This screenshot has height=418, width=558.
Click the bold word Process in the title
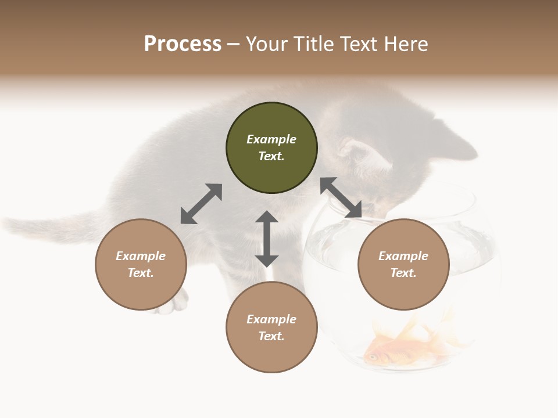click(183, 44)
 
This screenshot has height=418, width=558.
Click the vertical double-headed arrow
click(267, 239)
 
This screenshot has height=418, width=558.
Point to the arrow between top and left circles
click(201, 204)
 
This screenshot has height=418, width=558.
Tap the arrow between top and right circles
click(341, 197)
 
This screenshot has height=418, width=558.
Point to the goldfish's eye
click(371, 356)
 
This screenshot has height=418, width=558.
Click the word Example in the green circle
click(271, 139)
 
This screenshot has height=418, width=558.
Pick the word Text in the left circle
click(141, 273)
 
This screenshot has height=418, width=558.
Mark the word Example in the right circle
click(403, 256)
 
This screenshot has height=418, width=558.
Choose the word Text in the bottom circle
click(271, 336)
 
